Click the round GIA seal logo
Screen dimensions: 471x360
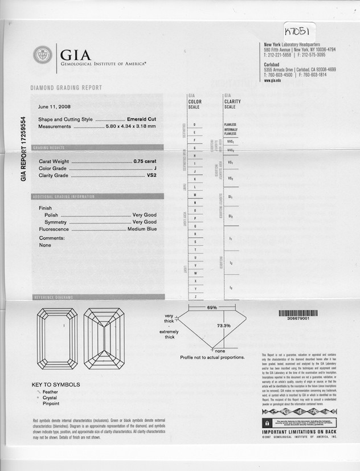[x=43, y=55]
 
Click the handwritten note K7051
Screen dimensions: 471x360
[x=298, y=28]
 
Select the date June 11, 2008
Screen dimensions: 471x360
[x=54, y=107]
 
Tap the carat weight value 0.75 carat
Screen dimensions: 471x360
[x=145, y=161]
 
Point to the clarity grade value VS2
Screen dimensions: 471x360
[x=152, y=175]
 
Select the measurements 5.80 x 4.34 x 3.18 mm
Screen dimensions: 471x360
[x=130, y=126]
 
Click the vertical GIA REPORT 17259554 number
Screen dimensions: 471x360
[x=23, y=149]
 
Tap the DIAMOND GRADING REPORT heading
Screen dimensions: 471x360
[x=66, y=88]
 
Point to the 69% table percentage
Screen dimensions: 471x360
[x=212, y=308]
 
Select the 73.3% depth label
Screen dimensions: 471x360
[x=223, y=326]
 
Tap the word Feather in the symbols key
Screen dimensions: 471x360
[x=51, y=392]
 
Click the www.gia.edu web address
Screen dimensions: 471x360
[x=272, y=81]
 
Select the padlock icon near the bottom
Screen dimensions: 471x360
[x=266, y=423]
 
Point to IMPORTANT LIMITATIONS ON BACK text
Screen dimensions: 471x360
[x=298, y=433]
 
